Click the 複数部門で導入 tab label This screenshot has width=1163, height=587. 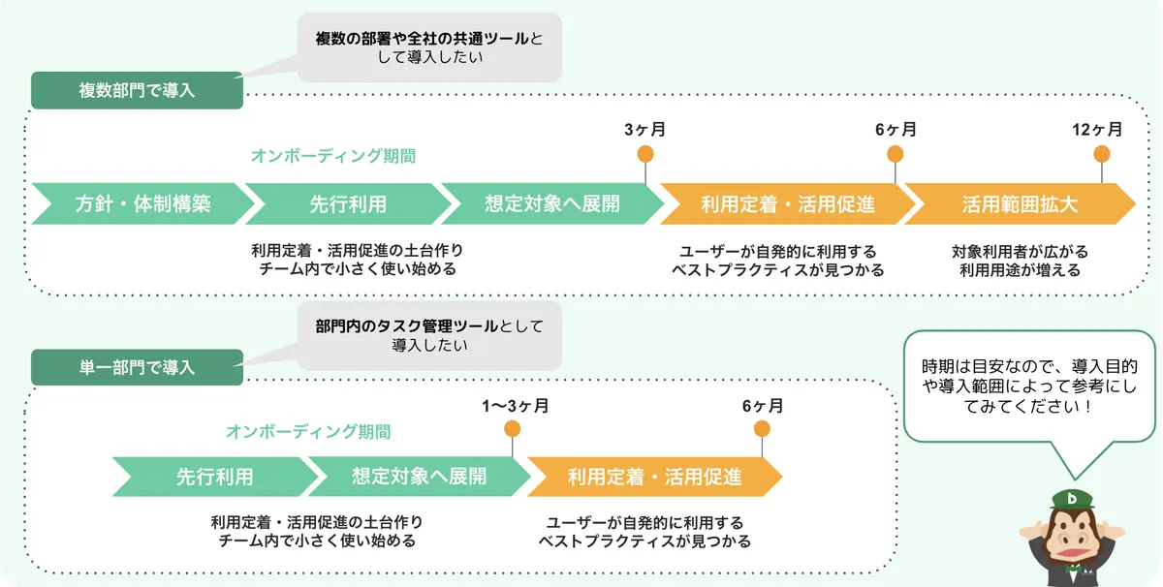tap(137, 90)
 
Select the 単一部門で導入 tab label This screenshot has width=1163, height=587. tap(137, 367)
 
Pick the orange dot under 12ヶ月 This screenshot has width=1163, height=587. tap(1102, 153)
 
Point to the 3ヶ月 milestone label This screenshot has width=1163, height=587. tap(644, 129)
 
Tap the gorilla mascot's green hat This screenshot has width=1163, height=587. tap(1073, 499)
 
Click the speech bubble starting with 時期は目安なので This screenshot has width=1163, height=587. tap(1028, 386)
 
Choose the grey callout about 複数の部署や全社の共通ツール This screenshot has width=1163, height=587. tap(429, 47)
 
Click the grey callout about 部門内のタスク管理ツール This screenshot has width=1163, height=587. tap(429, 334)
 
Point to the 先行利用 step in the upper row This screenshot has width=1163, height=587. tap(348, 204)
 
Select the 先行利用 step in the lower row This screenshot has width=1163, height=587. tap(214, 477)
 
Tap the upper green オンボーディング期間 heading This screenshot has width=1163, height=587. tap(332, 156)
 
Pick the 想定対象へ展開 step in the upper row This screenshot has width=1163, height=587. tap(552, 204)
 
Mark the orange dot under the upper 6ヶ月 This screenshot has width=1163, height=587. tap(896, 153)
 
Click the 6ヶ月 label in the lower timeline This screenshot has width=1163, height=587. tap(763, 405)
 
